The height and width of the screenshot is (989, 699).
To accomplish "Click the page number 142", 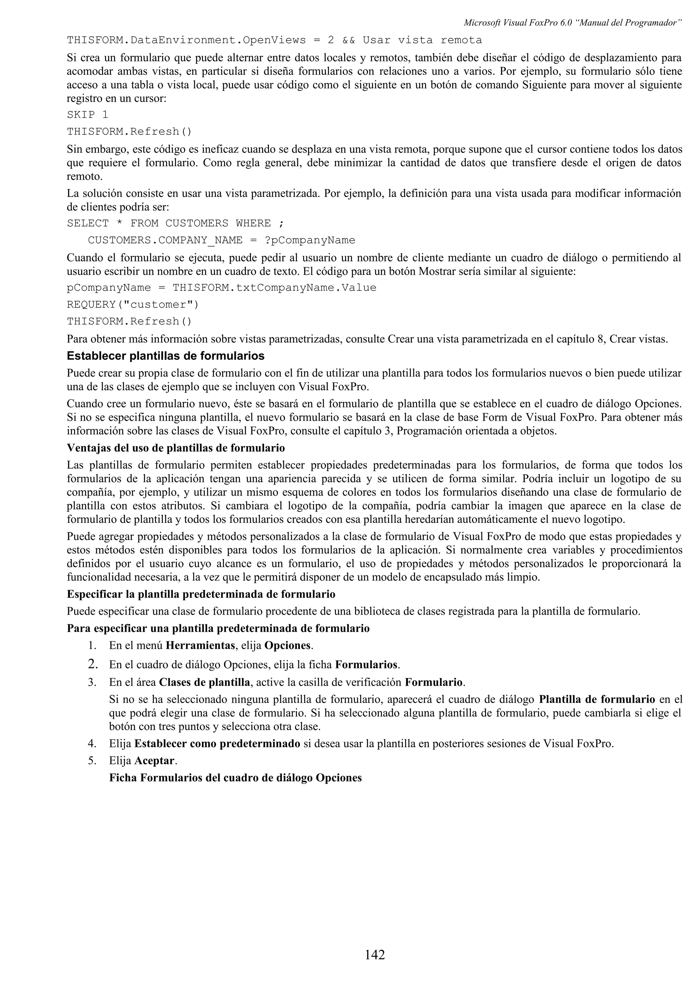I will click(x=375, y=955).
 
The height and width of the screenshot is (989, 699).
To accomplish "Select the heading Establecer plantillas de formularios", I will click(x=166, y=356).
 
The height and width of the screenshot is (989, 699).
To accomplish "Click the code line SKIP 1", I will click(x=87, y=115).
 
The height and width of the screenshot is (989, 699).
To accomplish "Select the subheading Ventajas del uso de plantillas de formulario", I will click(x=176, y=448).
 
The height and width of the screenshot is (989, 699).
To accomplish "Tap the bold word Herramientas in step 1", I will click(x=200, y=645).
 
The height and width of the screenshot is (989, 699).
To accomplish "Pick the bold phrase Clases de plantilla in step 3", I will click(x=204, y=682).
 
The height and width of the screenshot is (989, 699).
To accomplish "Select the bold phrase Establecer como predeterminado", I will click(x=217, y=744).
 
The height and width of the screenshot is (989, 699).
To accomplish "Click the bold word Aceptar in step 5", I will click(x=155, y=761).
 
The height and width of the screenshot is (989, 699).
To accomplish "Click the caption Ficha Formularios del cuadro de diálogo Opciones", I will click(x=235, y=778).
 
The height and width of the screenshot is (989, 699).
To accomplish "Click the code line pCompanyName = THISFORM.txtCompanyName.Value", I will click(x=222, y=287).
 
